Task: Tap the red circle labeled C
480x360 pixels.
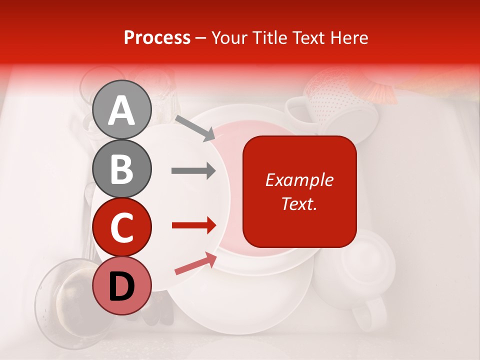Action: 122,227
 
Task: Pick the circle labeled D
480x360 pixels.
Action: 122,285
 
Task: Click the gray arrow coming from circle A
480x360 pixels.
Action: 195,128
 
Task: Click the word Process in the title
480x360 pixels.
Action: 157,38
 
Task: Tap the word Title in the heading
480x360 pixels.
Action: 270,38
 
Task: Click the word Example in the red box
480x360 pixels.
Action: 299,180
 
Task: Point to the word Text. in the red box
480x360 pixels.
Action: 299,203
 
